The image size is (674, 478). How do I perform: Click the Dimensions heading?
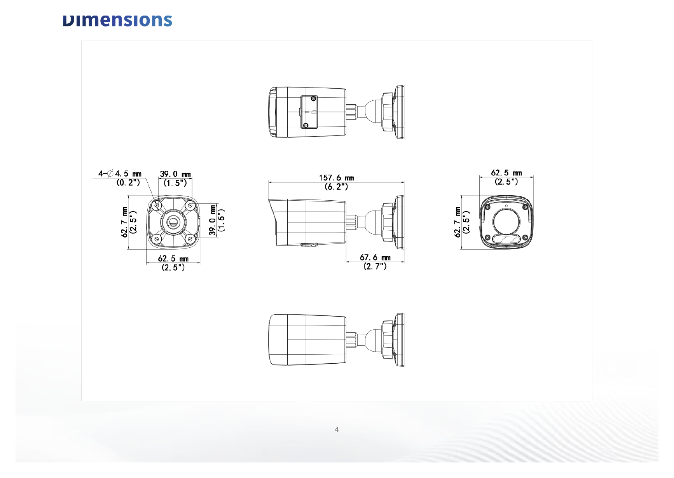[117, 21]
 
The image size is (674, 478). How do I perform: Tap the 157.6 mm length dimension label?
[337, 178]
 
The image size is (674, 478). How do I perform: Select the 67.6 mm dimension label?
[375, 257]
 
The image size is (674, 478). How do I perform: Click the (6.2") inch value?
[337, 187]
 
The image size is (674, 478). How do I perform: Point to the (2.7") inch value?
[375, 266]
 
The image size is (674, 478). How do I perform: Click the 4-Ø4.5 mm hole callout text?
[120, 173]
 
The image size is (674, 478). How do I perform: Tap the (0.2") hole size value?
[128, 182]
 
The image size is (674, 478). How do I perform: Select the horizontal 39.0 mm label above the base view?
[175, 174]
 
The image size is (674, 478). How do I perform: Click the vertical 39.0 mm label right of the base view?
[213, 220]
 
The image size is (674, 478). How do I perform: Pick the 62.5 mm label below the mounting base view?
[173, 259]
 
